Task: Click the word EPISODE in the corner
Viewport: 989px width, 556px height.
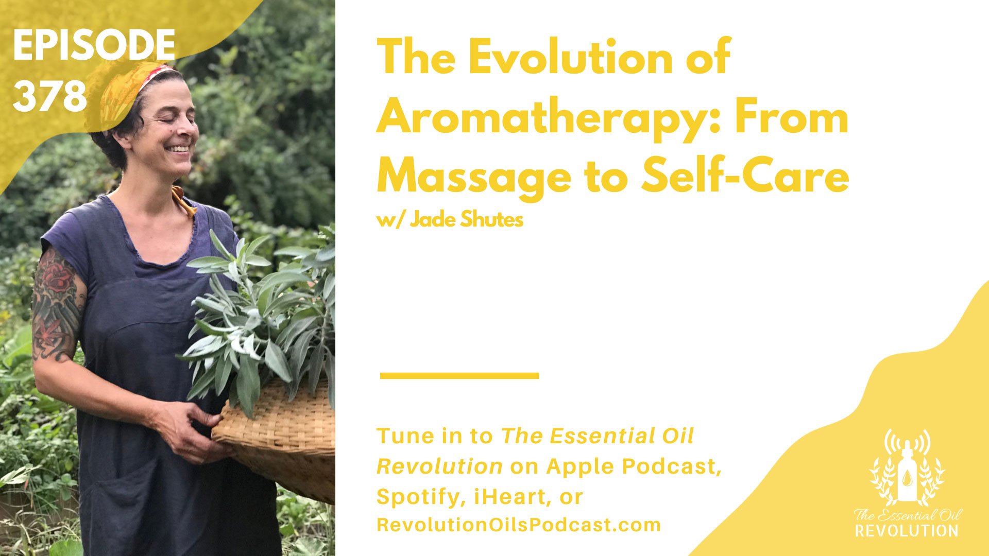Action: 94,45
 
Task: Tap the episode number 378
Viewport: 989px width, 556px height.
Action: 50,96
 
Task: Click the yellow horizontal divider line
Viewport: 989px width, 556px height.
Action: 459,376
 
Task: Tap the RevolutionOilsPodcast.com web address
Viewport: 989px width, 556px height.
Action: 519,525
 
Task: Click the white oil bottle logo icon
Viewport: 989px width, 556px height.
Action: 907,470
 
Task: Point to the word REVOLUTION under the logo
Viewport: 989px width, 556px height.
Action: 907,530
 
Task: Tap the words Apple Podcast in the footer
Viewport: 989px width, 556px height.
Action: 634,466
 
